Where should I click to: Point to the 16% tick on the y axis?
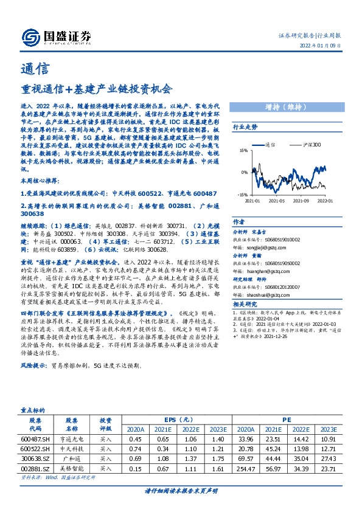[x=243, y=150]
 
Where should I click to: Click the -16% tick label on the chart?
[x=242, y=195]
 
